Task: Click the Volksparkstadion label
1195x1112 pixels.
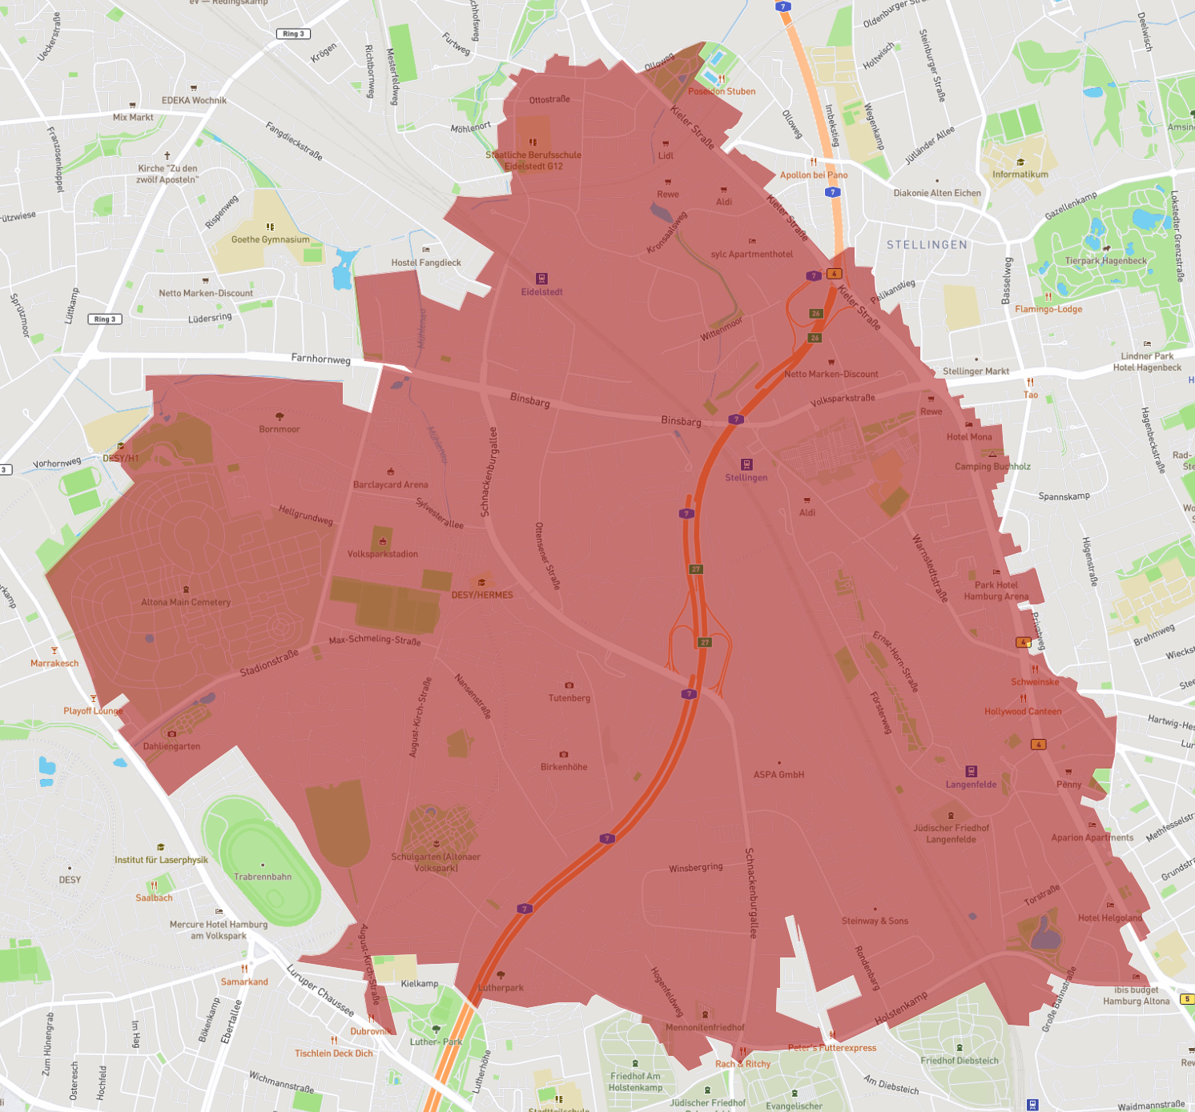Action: point(382,554)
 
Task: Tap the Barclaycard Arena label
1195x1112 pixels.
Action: point(390,484)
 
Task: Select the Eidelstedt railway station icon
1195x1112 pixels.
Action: point(541,279)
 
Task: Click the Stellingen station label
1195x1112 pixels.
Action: point(746,478)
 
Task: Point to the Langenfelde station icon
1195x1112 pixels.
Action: point(971,771)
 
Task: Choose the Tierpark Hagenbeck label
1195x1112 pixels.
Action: point(1105,261)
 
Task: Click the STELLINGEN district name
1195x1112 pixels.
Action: point(927,245)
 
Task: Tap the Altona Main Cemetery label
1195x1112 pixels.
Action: point(186,602)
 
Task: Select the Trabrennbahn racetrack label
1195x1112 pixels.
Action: point(263,877)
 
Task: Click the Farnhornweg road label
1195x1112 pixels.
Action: point(320,359)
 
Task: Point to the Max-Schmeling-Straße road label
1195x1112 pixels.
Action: point(374,640)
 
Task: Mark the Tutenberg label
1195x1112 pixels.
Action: point(569,698)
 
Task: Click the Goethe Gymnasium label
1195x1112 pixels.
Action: point(270,239)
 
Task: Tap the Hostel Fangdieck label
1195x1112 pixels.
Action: point(426,263)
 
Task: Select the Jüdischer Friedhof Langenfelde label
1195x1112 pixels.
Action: point(951,833)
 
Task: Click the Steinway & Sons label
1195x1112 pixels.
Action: point(875,921)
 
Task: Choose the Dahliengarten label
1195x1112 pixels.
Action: point(171,746)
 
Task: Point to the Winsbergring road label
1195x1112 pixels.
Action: point(695,868)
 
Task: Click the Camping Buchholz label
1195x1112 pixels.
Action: point(992,467)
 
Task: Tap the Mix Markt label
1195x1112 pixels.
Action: point(133,117)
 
